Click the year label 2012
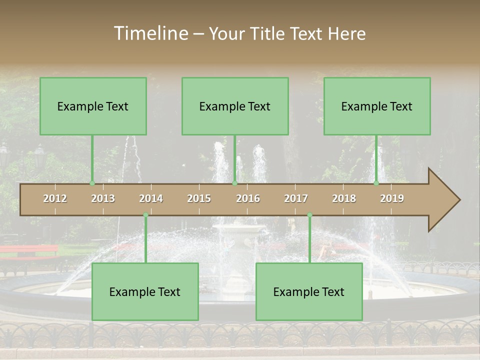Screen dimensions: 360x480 coord(55,198)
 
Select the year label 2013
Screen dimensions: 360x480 coord(103,198)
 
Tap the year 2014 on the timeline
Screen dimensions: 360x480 coord(151,198)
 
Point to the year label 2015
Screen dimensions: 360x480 coord(199,198)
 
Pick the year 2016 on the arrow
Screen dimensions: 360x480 coord(248,198)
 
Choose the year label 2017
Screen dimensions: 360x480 coord(296,198)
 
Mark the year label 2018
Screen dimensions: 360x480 coord(344,198)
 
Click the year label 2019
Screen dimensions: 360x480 coord(392,198)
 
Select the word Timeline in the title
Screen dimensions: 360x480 coord(150,33)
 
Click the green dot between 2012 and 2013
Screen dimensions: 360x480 coord(92,183)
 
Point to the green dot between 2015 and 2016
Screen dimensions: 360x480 coord(234,183)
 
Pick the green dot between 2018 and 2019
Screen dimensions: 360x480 coord(376,183)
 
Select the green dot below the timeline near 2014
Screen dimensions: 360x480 coord(145,215)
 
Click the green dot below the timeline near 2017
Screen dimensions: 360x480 coord(309,215)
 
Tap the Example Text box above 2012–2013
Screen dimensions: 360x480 coord(93,106)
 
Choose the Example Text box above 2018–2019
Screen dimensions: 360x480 coord(377,106)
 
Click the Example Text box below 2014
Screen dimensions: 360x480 coord(145,291)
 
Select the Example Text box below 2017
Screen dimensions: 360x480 coord(309,291)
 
